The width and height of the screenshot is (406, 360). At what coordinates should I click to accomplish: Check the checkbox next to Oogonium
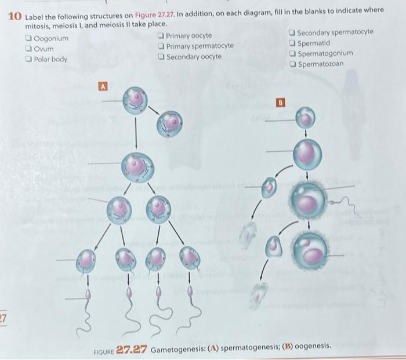(x=29, y=39)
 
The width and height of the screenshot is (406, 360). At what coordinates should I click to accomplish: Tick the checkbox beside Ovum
(x=29, y=49)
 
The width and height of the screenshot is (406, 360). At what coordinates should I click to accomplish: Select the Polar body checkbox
(x=29, y=59)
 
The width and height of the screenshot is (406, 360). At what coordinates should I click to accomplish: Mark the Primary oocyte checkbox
(x=161, y=36)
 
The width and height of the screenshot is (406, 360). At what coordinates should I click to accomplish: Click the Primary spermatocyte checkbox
(x=161, y=46)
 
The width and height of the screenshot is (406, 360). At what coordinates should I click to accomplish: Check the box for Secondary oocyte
(x=161, y=56)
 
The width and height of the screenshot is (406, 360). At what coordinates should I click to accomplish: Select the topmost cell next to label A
(x=136, y=99)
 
